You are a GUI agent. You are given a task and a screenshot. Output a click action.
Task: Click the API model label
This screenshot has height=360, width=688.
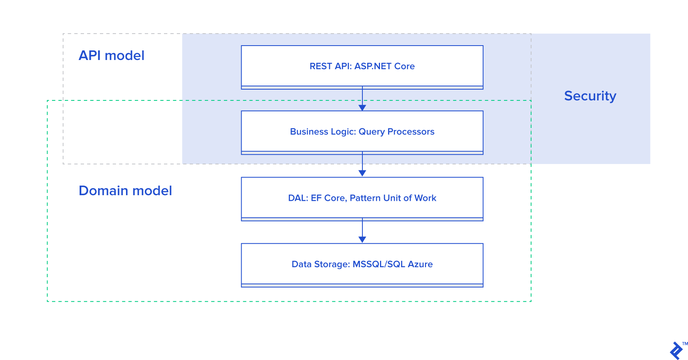(x=111, y=56)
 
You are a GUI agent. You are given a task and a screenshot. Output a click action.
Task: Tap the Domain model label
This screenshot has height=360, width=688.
(x=125, y=191)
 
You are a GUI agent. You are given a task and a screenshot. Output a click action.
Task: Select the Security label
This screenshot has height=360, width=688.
(x=590, y=96)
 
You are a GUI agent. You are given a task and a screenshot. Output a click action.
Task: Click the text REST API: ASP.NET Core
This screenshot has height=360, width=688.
(x=362, y=66)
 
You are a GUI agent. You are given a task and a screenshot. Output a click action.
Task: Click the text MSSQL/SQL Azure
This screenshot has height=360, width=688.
(x=392, y=264)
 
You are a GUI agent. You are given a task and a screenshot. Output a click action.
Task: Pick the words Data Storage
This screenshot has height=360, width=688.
(x=320, y=264)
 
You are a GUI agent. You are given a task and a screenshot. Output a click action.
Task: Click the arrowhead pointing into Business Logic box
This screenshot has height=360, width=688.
(x=362, y=108)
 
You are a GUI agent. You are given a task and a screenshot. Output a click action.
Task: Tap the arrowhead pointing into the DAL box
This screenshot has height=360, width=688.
(x=362, y=173)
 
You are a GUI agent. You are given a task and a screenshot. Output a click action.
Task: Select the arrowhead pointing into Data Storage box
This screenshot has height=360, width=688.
(x=362, y=240)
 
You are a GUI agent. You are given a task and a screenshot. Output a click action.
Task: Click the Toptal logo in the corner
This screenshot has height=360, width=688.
(x=676, y=351)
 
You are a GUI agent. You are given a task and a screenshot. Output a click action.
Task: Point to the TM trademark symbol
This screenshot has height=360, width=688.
(x=685, y=344)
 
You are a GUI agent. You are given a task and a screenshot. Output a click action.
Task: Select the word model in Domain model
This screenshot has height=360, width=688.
(x=152, y=191)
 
